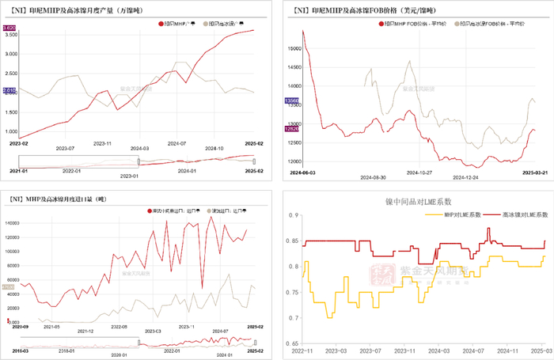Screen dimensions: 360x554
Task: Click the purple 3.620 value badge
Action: coord(10,28)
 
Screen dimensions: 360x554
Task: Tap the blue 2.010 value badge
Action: coord(10,91)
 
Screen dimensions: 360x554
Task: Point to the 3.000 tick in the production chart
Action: coord(10,54)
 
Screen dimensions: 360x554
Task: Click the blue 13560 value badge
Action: coord(290,101)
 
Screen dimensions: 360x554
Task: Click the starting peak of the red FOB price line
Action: coord(303,31)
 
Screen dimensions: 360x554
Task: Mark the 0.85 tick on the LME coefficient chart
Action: coord(293,241)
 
